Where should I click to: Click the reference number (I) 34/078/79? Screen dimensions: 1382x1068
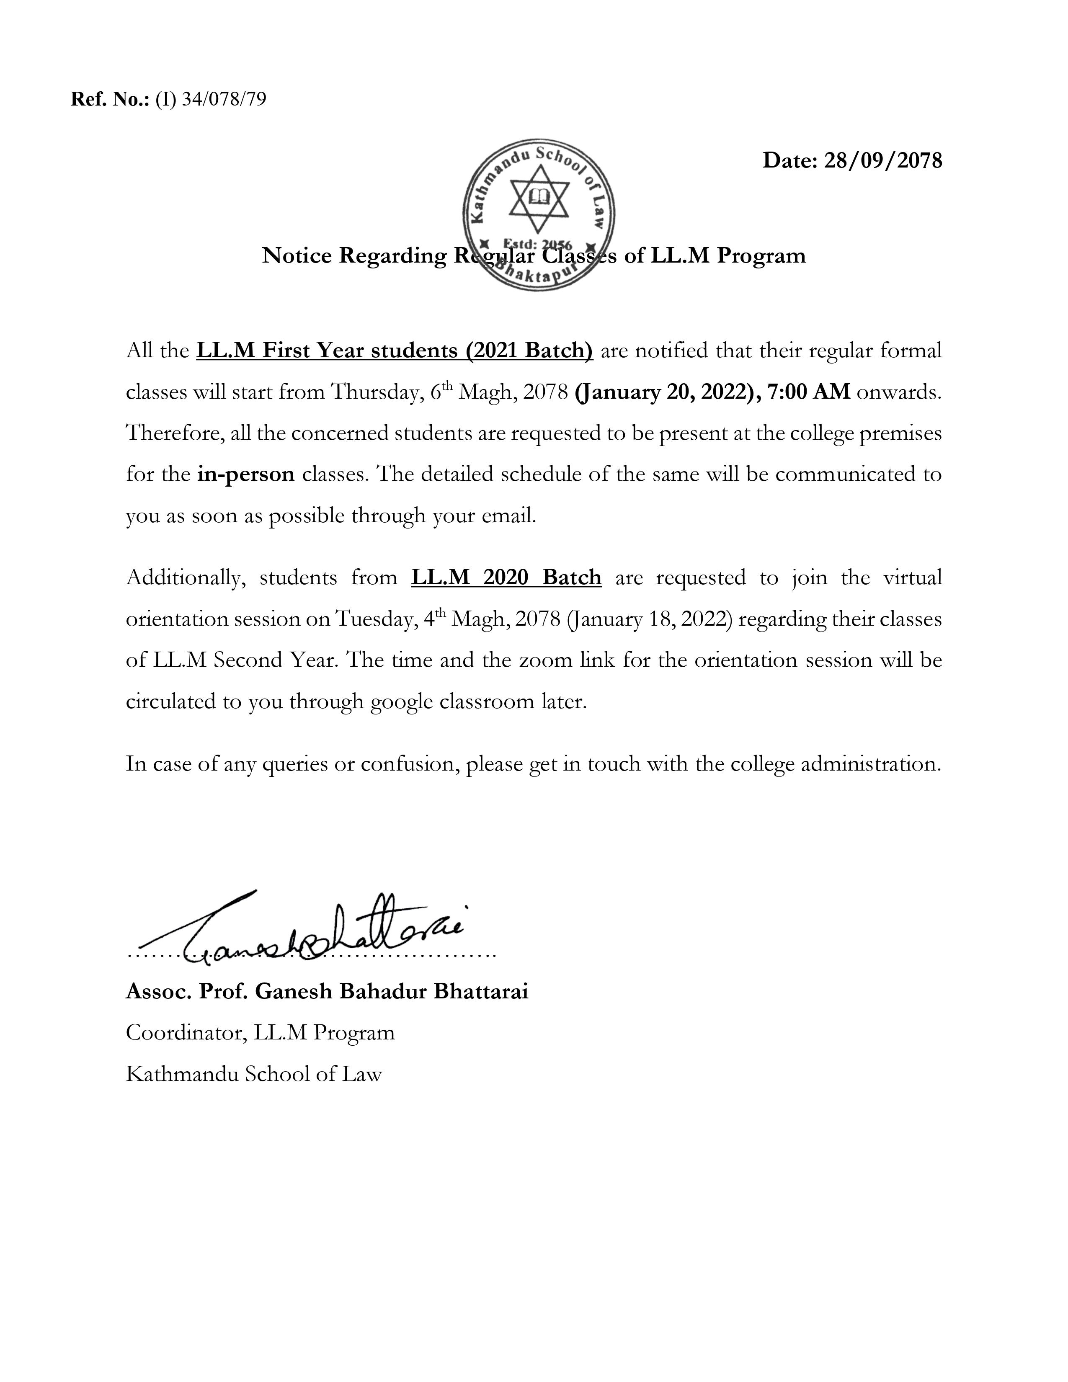point(211,99)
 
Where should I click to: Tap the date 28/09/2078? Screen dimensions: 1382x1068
point(882,161)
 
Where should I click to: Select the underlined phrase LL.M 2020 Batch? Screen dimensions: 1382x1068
point(506,578)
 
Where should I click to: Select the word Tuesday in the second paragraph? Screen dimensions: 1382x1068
point(374,619)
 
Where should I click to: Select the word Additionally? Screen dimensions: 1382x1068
point(186,578)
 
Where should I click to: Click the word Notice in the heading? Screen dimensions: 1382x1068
point(297,255)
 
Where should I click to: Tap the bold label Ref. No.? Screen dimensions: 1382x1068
point(110,99)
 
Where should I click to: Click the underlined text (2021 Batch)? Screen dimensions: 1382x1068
point(529,351)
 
